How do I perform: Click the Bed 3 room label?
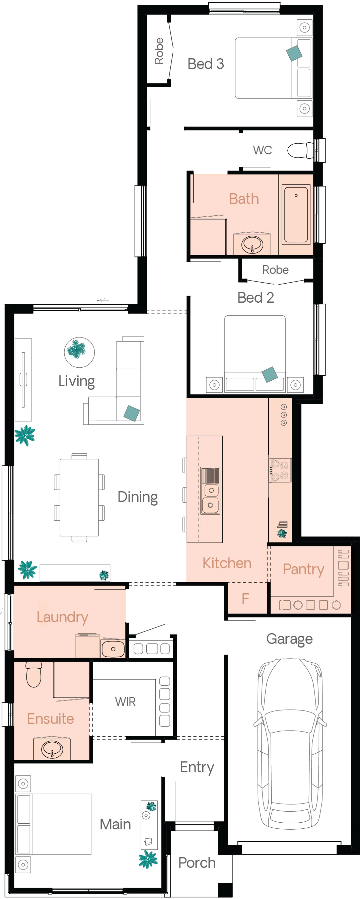click(205, 64)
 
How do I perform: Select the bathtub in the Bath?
click(296, 215)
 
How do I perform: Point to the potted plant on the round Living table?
click(76, 349)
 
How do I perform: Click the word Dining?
click(138, 497)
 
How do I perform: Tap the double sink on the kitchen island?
click(210, 490)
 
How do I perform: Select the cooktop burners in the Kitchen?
click(280, 470)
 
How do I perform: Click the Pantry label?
click(303, 569)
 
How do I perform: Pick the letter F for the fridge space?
click(245, 599)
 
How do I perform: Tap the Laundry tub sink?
click(113, 649)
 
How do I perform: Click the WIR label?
click(125, 701)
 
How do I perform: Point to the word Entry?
click(197, 767)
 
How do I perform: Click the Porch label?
click(197, 863)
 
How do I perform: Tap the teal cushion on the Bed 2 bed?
click(270, 374)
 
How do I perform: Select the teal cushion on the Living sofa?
click(132, 413)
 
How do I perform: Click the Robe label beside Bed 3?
click(159, 51)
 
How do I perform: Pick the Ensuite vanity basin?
click(52, 749)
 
